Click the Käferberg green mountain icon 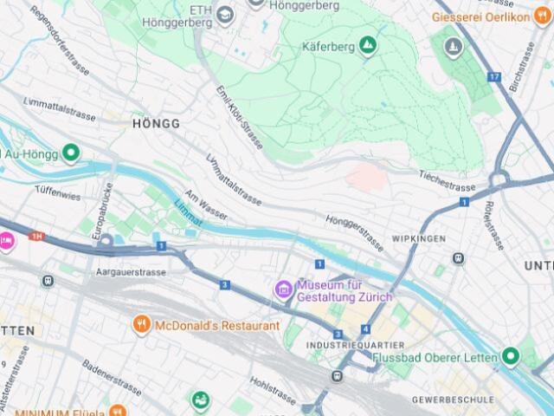click(368, 45)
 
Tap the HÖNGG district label click(157, 124)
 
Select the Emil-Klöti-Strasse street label click(240, 118)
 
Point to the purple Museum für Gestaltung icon click(283, 289)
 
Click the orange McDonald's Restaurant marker click(141, 326)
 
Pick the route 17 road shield click(493, 77)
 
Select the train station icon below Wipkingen click(458, 258)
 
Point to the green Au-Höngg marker click(71, 154)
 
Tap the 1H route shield click(36, 236)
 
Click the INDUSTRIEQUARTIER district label click(343, 346)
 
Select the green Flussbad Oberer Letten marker click(509, 356)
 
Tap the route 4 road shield click(365, 329)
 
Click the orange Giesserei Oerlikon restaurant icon click(542, 16)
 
